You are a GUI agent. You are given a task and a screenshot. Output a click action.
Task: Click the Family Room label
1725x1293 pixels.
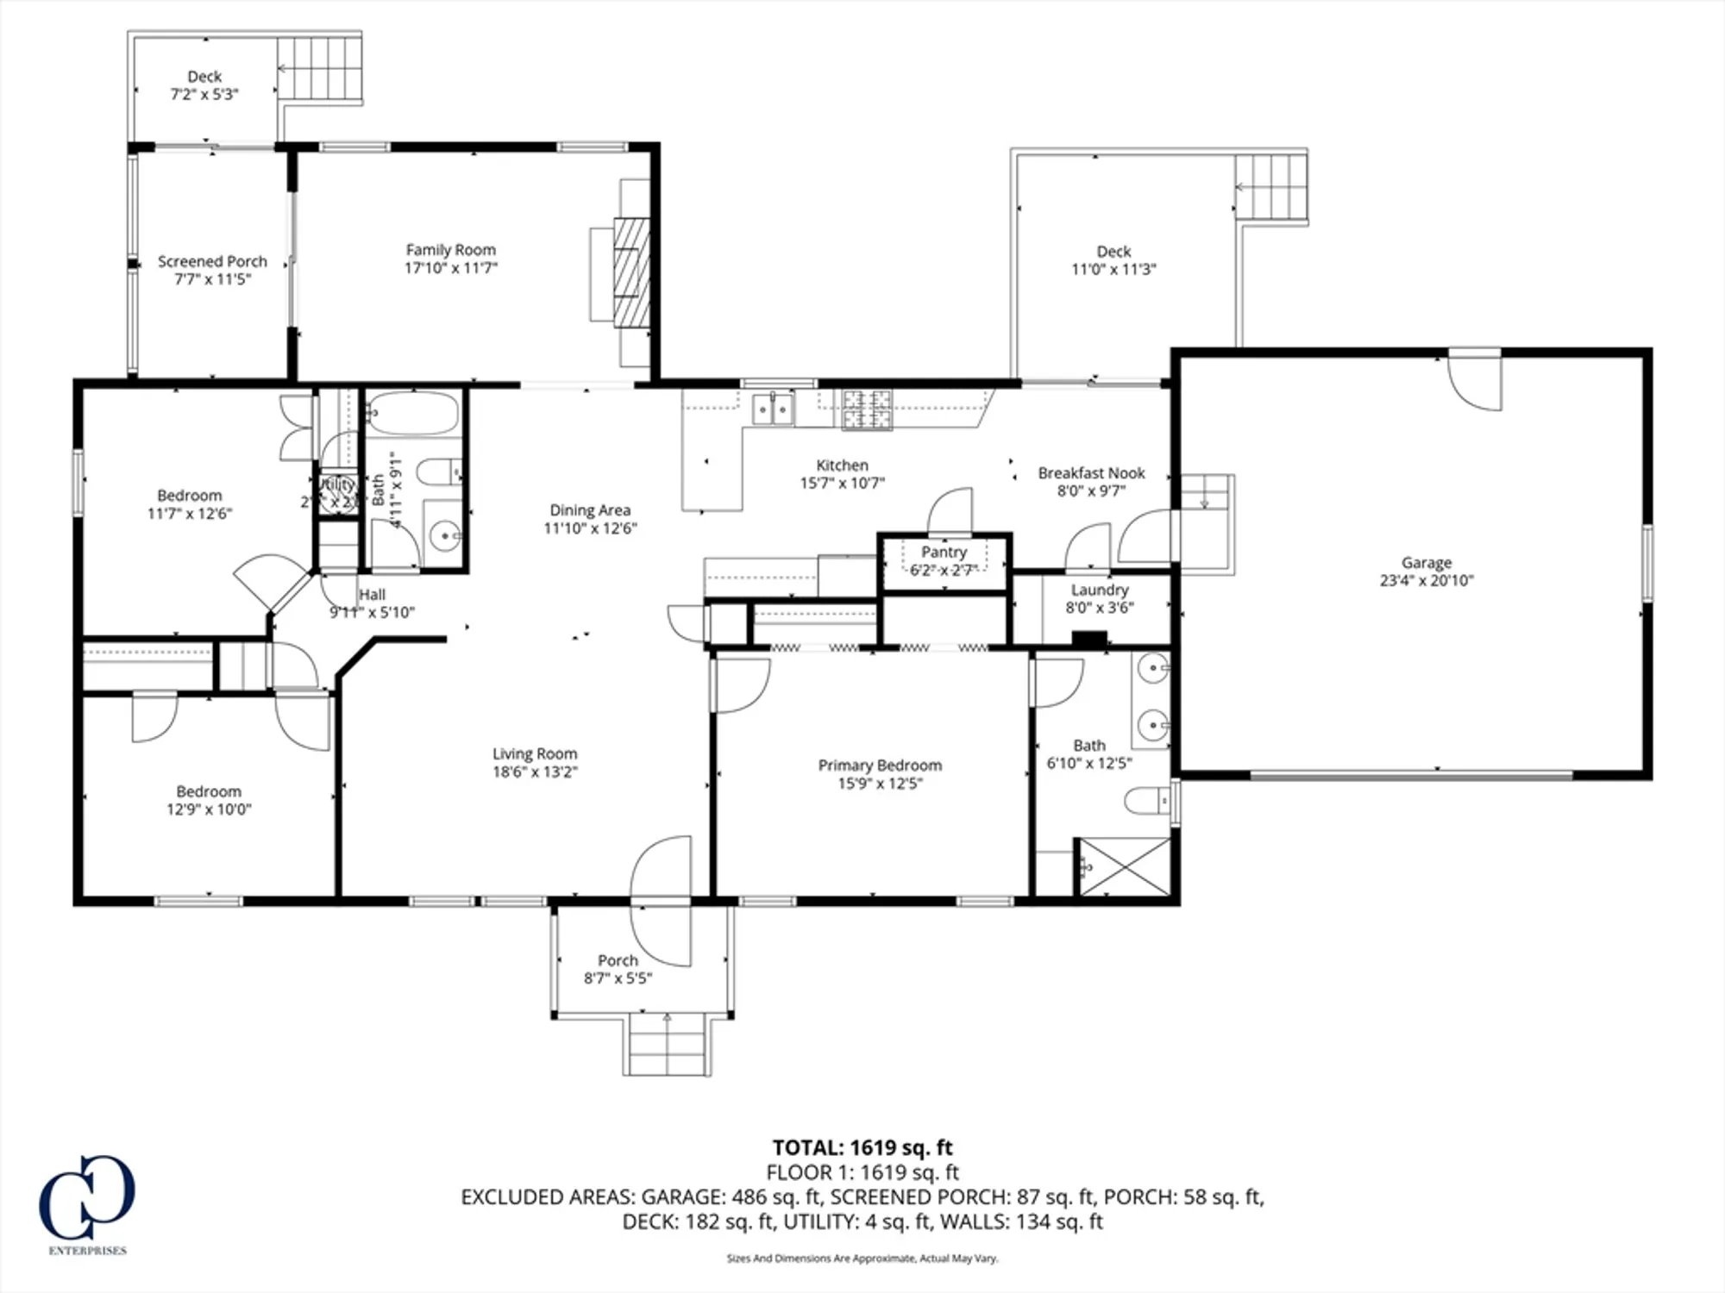(451, 250)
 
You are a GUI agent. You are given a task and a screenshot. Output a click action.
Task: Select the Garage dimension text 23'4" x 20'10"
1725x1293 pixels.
(1427, 581)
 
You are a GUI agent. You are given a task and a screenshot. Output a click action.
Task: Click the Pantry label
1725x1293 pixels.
(944, 552)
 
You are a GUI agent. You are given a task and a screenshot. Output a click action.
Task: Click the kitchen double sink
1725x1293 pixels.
(773, 409)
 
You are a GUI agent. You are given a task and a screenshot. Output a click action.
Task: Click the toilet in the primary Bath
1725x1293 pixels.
(1147, 801)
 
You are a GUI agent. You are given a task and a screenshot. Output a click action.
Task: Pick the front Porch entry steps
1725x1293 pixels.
(667, 1045)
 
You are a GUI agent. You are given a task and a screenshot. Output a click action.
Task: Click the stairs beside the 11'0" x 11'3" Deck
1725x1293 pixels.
(1271, 187)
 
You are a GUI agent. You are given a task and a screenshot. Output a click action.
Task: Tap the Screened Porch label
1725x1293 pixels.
(212, 261)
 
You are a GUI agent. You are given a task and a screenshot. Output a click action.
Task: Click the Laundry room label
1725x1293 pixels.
(1100, 590)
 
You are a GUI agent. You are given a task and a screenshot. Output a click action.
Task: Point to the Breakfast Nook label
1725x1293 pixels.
(1091, 473)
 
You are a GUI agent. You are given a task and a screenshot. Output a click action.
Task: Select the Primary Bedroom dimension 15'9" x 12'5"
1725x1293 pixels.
(880, 784)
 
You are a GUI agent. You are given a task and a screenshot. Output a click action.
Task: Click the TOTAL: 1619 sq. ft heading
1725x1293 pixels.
(862, 1147)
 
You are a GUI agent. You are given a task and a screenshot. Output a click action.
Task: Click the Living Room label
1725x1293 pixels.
(535, 753)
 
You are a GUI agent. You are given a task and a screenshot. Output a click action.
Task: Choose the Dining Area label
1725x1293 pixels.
(590, 510)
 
